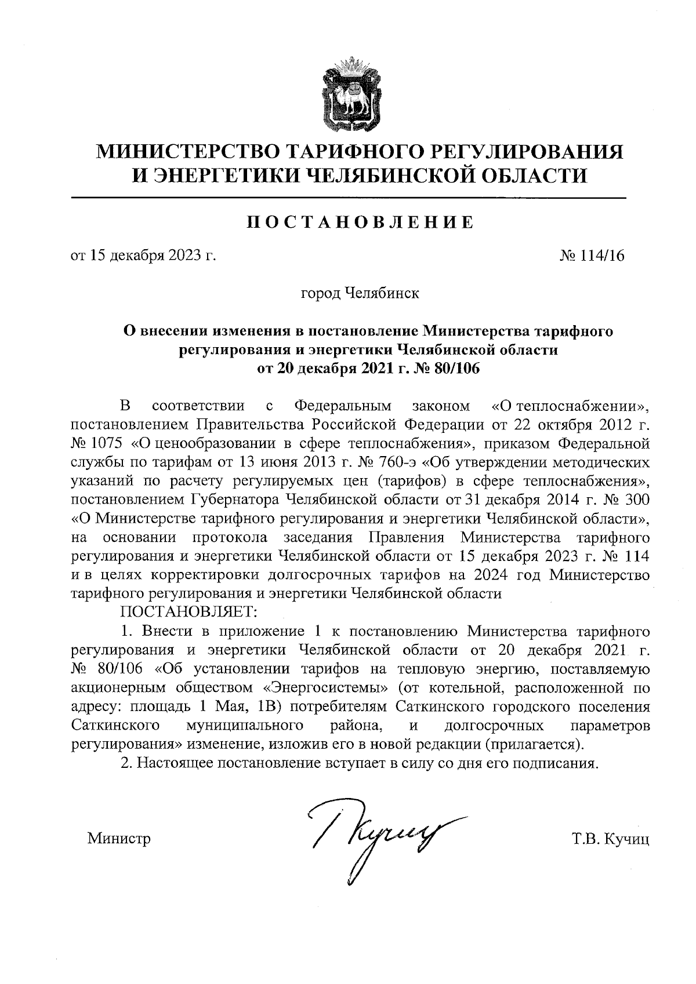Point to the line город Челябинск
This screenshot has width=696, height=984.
coord(359,293)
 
